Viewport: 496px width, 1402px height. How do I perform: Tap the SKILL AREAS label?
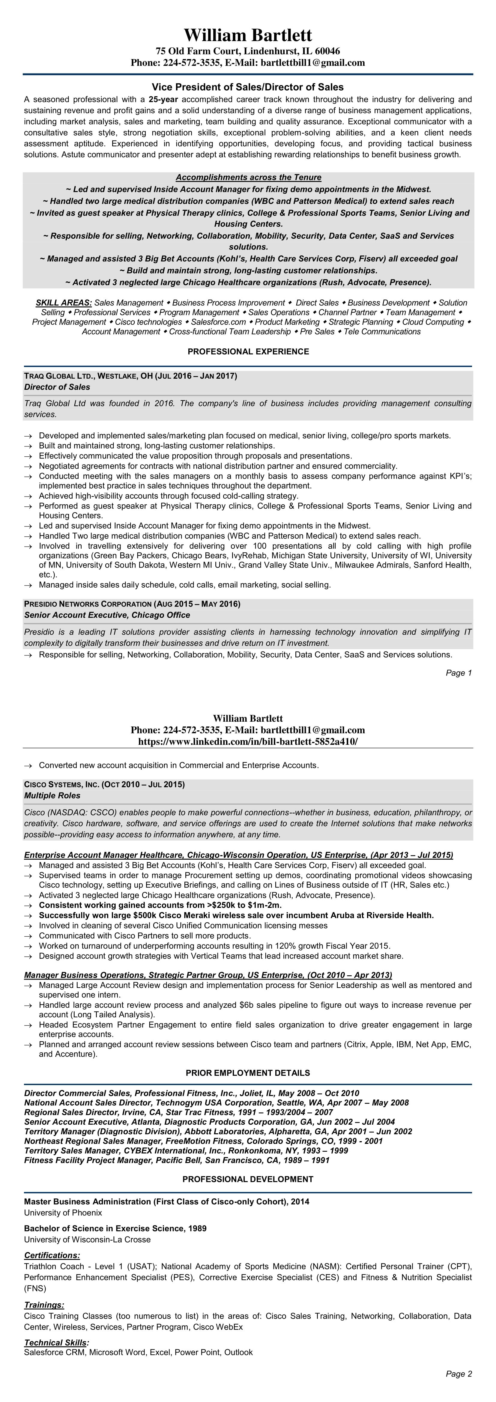coord(64,303)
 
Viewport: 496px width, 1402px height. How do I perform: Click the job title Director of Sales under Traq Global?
coord(57,387)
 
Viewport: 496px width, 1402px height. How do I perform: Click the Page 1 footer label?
coord(459,673)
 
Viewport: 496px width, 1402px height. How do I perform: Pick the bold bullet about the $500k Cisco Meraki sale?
coord(236,915)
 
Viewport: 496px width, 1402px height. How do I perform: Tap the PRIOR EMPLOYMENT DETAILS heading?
coord(248,1073)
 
